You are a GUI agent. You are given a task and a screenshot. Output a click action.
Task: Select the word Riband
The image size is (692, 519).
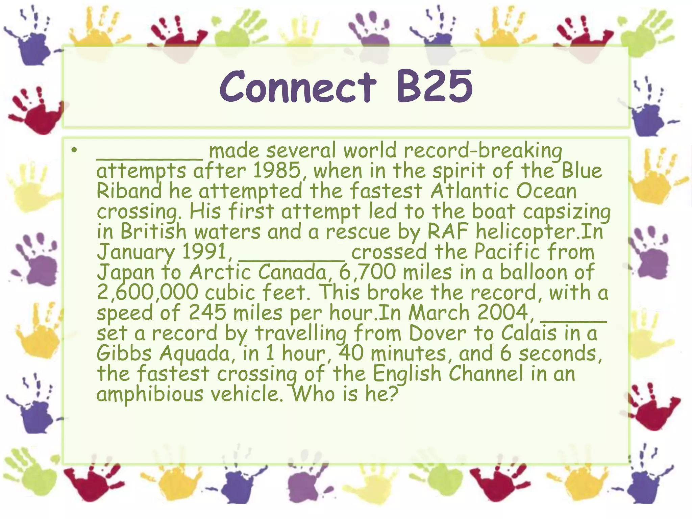(129, 191)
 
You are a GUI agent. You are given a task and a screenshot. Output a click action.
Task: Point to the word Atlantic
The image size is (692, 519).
(469, 191)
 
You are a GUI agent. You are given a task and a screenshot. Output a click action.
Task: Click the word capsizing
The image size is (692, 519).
(567, 212)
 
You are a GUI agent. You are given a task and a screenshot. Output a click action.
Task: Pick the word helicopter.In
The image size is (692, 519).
(540, 232)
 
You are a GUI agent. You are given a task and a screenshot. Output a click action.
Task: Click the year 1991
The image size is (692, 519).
(204, 252)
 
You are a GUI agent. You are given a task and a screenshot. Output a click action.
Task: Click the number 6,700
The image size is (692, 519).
(367, 272)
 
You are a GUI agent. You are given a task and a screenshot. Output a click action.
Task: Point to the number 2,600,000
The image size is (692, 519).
(147, 293)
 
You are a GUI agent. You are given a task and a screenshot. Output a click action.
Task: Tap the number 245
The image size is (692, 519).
(207, 313)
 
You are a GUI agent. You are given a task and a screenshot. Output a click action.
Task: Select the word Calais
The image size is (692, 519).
(528, 333)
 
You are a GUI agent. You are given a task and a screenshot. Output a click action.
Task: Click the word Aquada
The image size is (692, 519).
(195, 354)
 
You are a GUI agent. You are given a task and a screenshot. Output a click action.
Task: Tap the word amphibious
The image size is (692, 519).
(150, 394)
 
